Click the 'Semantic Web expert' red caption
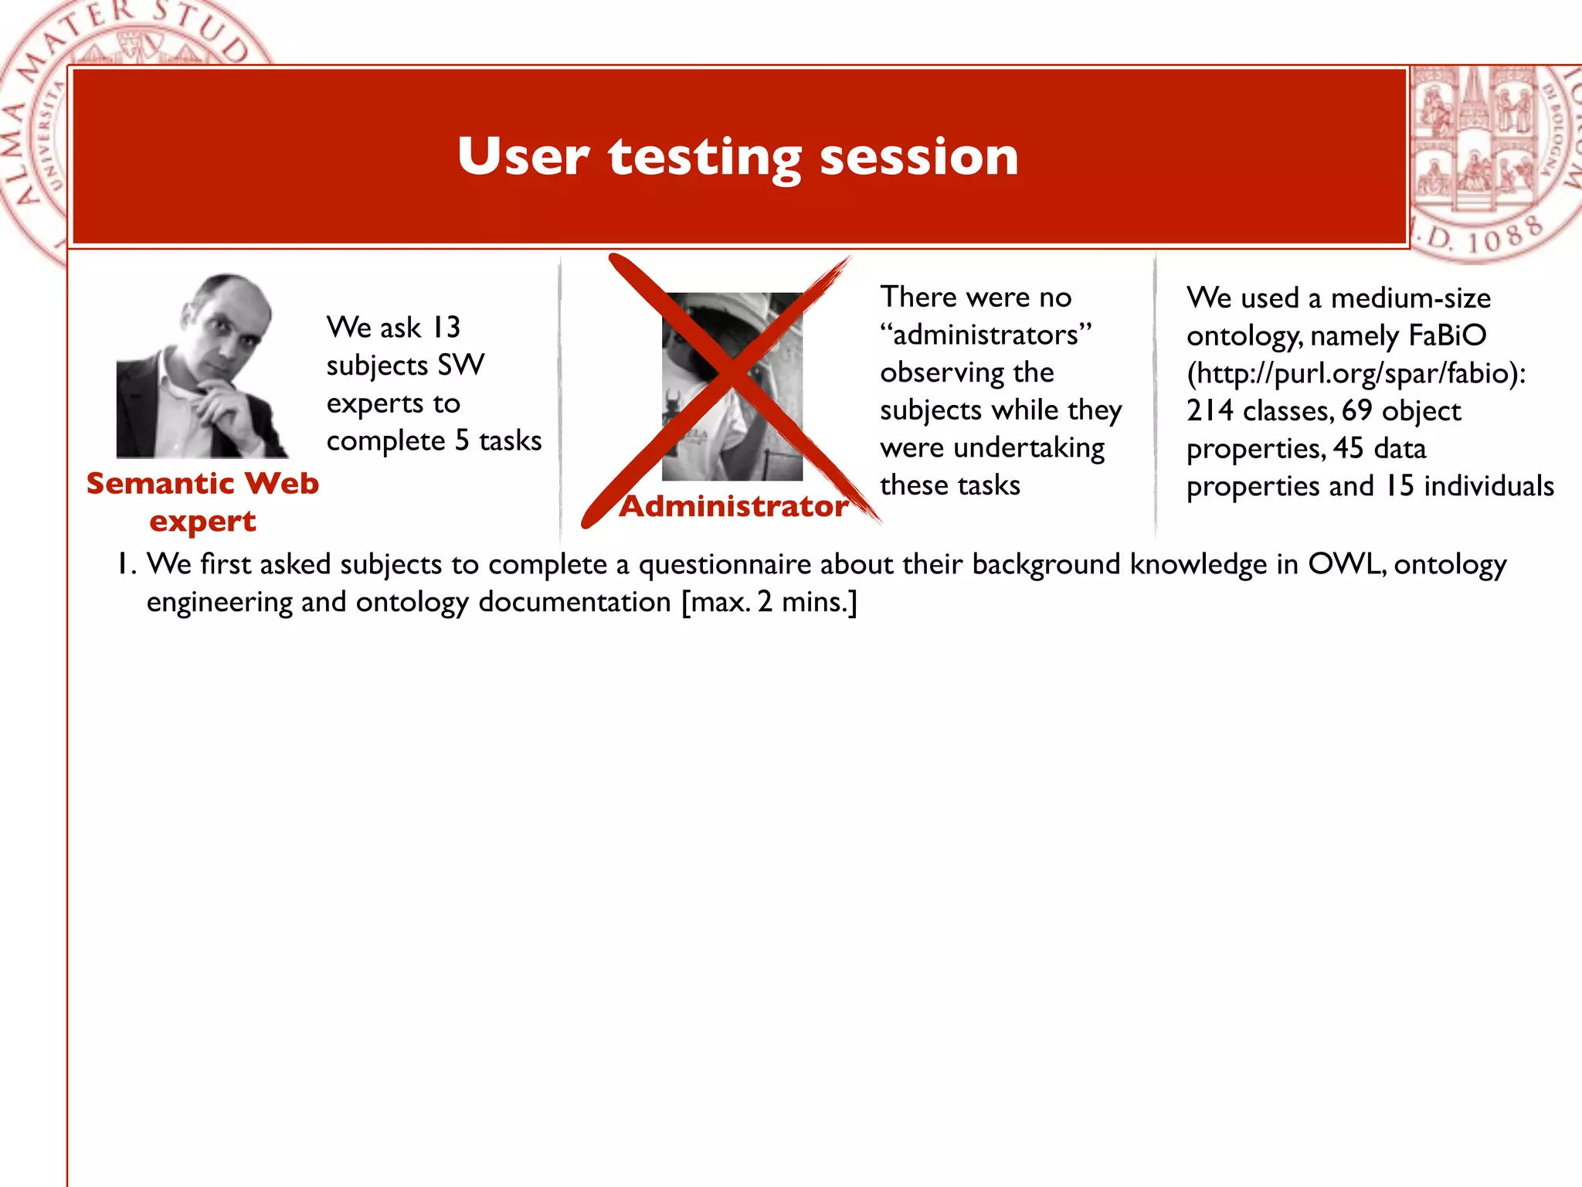pos(202,502)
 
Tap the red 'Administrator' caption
pos(734,506)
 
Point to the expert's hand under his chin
pos(224,402)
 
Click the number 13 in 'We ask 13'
pos(446,327)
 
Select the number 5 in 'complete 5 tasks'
pos(461,440)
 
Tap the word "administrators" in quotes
pos(986,335)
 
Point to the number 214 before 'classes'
pos(1210,410)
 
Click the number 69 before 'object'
pos(1356,410)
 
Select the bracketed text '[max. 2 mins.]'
pos(769,602)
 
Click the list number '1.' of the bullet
pos(127,564)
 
